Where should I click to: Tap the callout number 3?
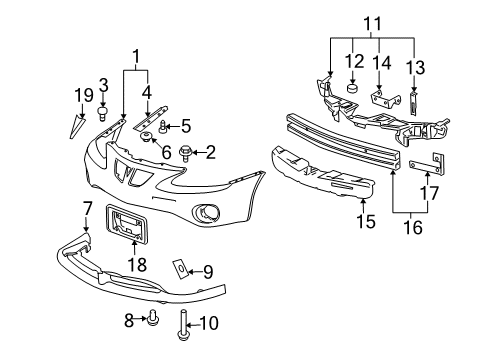(102, 83)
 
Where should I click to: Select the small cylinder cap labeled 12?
(353, 88)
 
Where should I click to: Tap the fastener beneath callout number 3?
(103, 113)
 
